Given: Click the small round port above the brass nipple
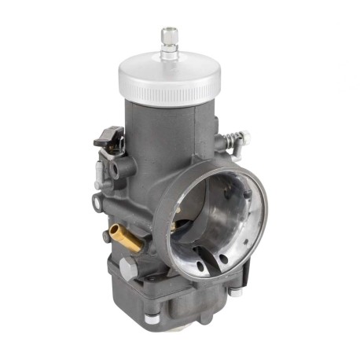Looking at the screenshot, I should coord(97,202).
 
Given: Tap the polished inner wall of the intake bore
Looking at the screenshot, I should coord(236,212).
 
